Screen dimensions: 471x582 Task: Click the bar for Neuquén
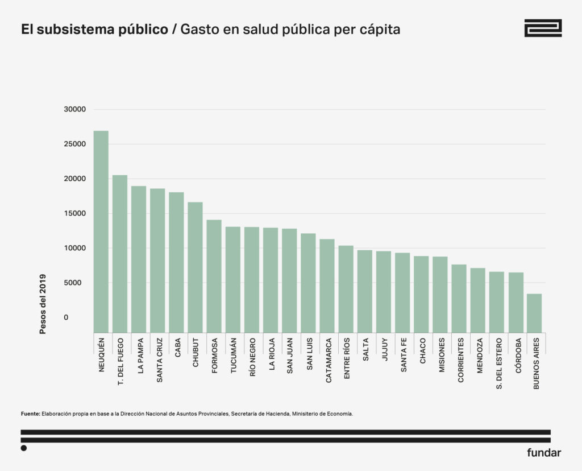101,232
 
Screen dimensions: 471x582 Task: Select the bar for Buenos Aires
534,313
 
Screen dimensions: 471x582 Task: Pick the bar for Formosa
214,276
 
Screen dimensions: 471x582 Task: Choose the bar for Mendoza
477,300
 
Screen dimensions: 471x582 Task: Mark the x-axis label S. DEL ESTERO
497,363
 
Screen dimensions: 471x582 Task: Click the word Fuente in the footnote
30,414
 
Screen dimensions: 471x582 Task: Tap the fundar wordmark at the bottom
543,453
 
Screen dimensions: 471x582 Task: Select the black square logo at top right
542,28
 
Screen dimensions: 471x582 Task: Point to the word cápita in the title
380,29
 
